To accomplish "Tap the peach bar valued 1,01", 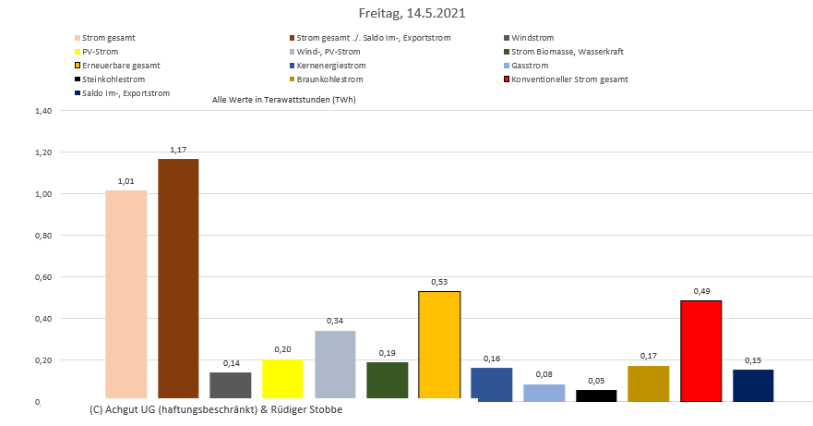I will pyautogui.click(x=126, y=295).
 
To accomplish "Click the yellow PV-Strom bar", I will pyautogui.click(x=282, y=380).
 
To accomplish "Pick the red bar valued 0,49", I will pyautogui.click(x=700, y=351).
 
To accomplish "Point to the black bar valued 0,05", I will pyautogui.click(x=596, y=396).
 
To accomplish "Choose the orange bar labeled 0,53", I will pyautogui.click(x=439, y=346).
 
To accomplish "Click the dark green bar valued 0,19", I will pyautogui.click(x=387, y=381).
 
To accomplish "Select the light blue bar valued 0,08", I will pyautogui.click(x=544, y=393).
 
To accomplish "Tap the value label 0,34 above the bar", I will pyautogui.click(x=335, y=321).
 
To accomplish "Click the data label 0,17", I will pyautogui.click(x=649, y=356).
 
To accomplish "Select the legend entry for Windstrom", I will pyautogui.click(x=532, y=38).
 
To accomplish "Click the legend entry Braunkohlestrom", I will pyautogui.click(x=329, y=79).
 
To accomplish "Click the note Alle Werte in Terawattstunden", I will pyautogui.click(x=283, y=99).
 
